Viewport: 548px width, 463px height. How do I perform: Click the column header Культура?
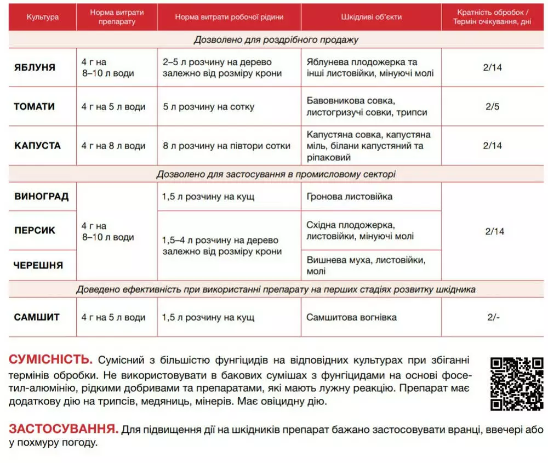click(x=42, y=17)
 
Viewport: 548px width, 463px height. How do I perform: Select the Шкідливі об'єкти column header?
click(x=371, y=17)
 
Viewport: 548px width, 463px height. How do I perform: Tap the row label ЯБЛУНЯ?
click(x=35, y=67)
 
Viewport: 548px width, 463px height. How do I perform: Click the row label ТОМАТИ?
click(x=35, y=107)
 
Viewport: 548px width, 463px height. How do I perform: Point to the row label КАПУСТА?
click(x=37, y=146)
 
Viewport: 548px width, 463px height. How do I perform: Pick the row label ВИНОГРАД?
click(x=41, y=197)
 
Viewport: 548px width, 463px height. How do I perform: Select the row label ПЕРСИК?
click(x=35, y=231)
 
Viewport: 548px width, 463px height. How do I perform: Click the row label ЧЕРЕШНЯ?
click(x=38, y=265)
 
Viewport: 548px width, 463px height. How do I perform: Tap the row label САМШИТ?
click(x=37, y=317)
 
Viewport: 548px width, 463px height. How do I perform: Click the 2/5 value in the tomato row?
click(x=493, y=107)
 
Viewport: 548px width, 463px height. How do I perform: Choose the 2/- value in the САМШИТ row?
click(x=493, y=317)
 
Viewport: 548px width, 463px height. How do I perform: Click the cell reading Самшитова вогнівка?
click(x=351, y=317)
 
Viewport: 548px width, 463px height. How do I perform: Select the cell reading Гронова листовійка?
click(x=349, y=197)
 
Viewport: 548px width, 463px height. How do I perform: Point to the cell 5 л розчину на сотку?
click(x=208, y=107)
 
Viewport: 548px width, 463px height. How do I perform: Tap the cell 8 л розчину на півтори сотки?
click(x=226, y=146)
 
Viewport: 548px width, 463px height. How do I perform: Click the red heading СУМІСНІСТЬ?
click(x=50, y=360)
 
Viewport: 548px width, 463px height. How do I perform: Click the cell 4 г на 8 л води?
click(x=113, y=146)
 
